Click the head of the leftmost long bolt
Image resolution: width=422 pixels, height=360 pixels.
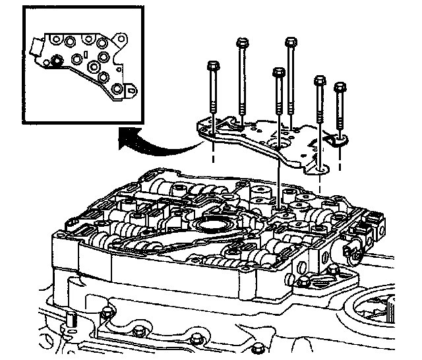coord(213,67)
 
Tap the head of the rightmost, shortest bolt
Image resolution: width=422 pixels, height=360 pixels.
coord(340,87)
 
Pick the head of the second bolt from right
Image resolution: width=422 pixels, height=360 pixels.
coord(320,80)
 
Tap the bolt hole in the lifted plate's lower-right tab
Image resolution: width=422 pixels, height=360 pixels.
coord(320,169)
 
